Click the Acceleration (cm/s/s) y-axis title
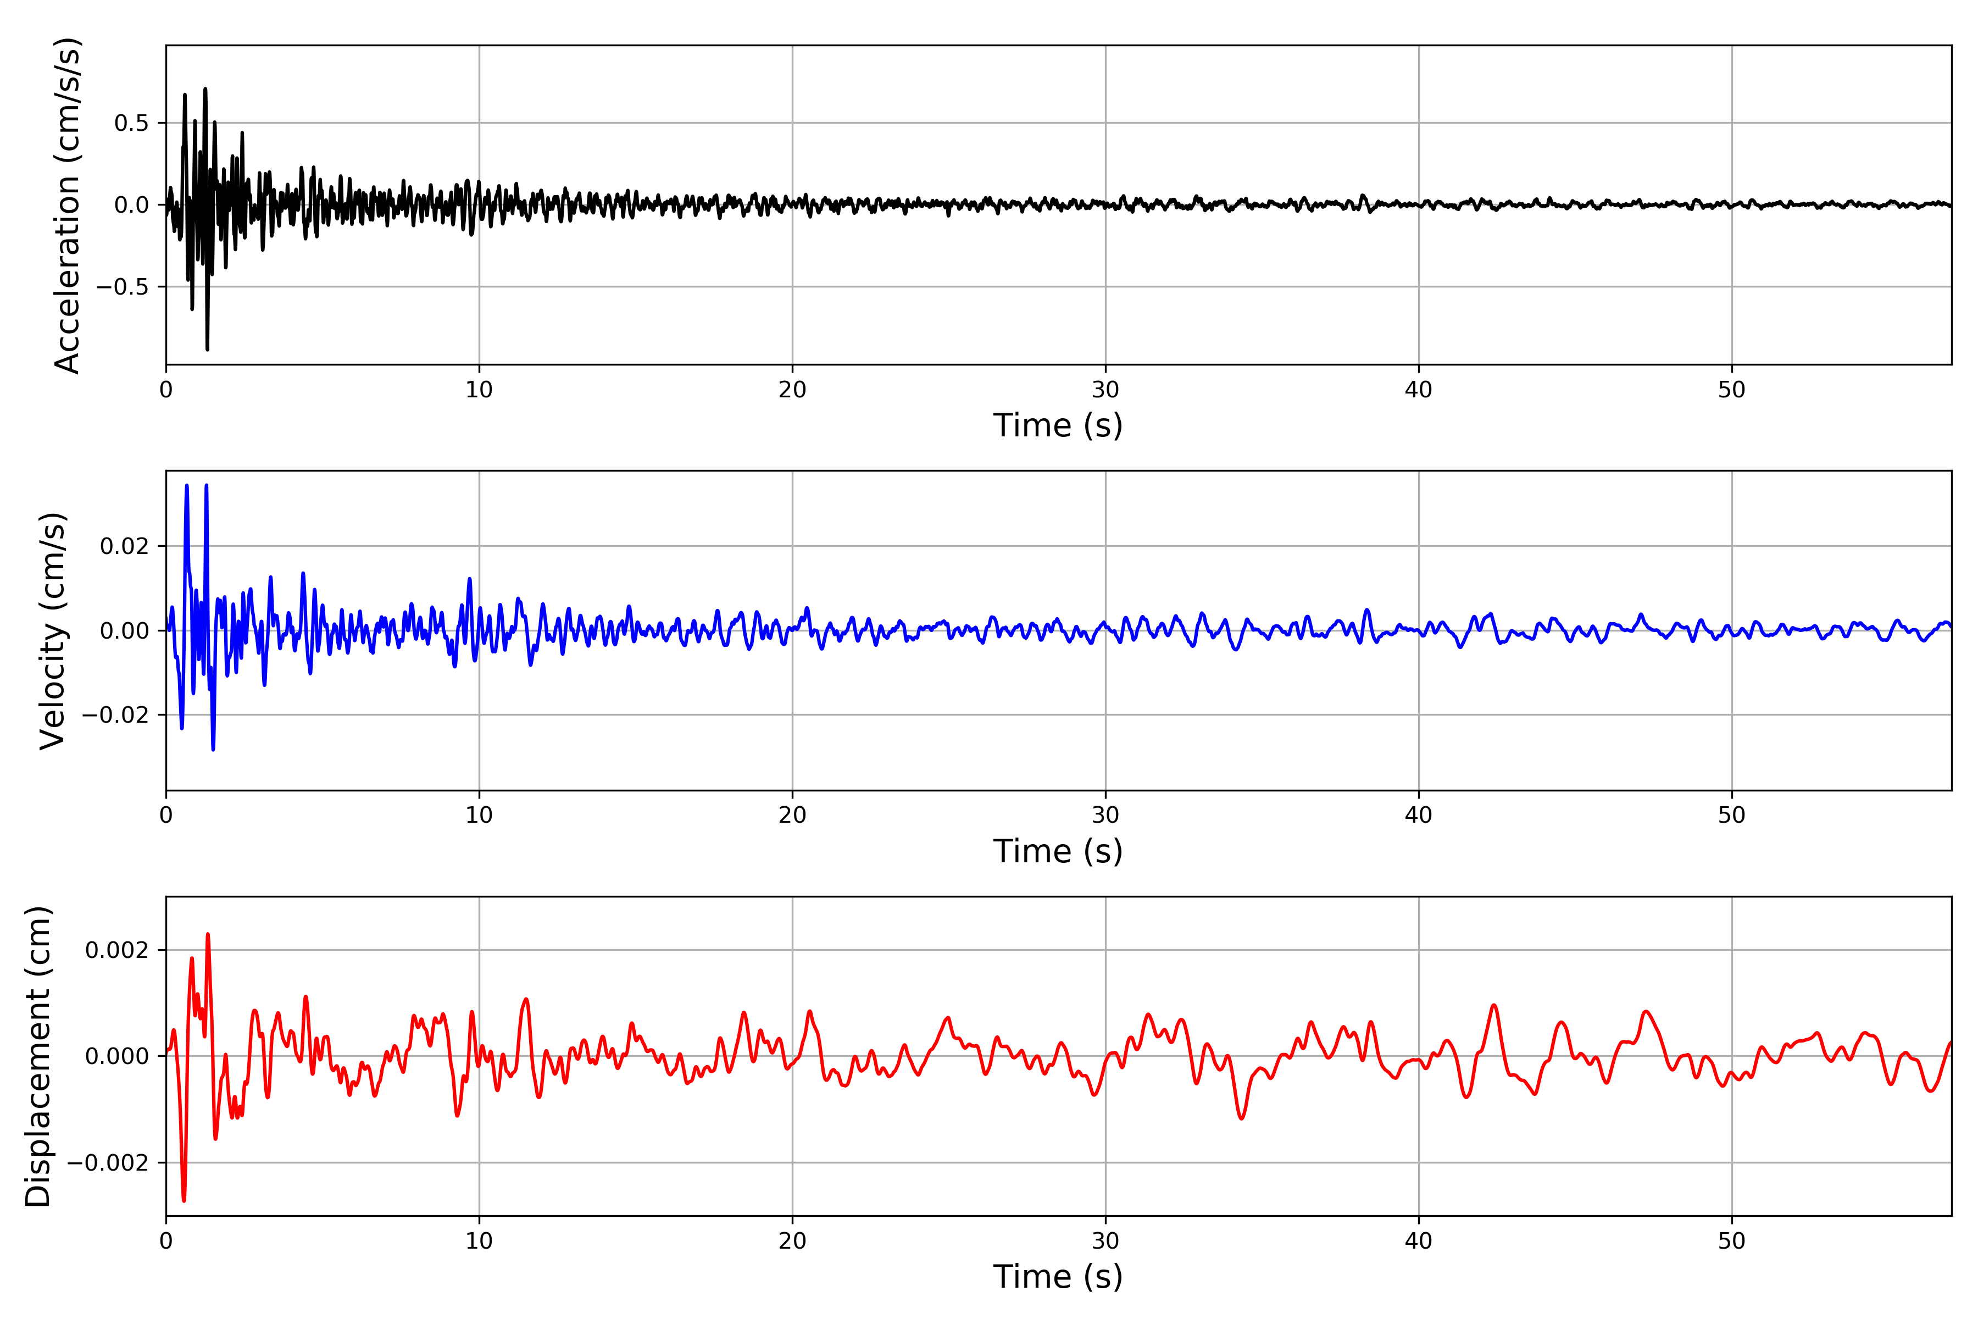pos(67,205)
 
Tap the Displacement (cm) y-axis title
pos(38,1056)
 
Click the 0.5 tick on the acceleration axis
pos(131,124)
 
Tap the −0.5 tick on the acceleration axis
pos(123,287)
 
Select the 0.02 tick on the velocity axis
pos(125,547)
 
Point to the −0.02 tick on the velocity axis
pos(116,715)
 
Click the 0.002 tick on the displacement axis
pos(117,951)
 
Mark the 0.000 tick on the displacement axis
pos(117,1056)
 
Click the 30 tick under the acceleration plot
pos(1105,390)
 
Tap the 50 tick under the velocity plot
pos(1732,815)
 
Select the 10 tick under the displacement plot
pos(479,1241)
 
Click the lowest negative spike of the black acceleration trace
pos(207,348)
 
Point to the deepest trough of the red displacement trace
pos(184,1200)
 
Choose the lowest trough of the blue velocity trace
pos(213,749)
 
